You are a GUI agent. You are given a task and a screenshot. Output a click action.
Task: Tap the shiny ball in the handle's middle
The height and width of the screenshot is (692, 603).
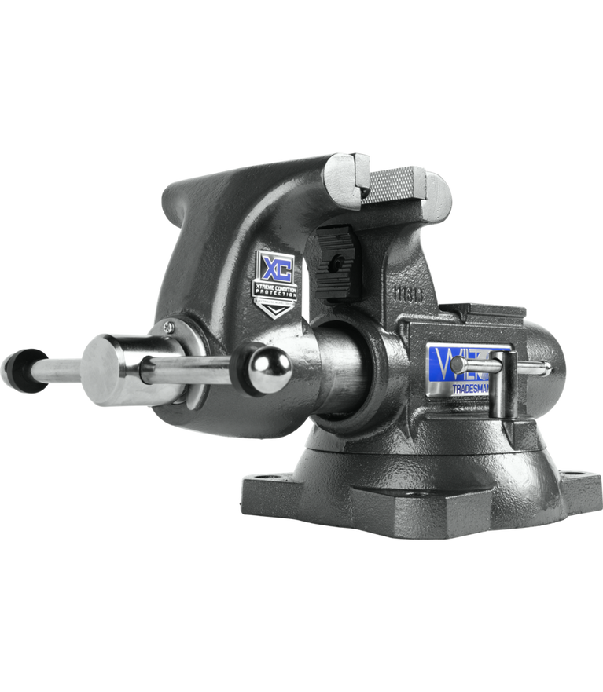[x=269, y=368]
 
